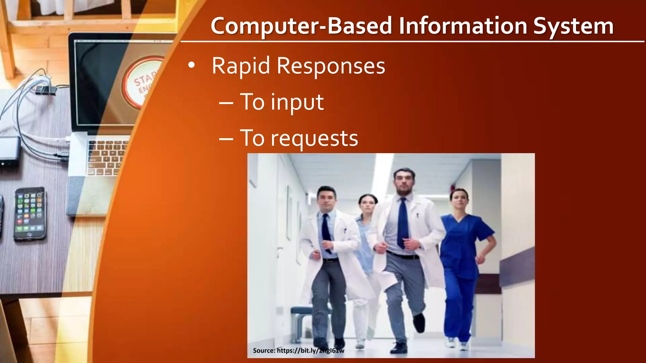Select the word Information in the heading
pos(463,26)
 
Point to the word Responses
pos(331,66)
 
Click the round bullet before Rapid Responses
pos(191,66)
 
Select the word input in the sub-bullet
pos(297,102)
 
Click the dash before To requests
pos(226,139)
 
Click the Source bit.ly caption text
pos(298,350)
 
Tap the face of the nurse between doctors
pos(367,205)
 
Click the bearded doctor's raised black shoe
pos(419,323)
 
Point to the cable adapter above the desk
pos(46,90)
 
